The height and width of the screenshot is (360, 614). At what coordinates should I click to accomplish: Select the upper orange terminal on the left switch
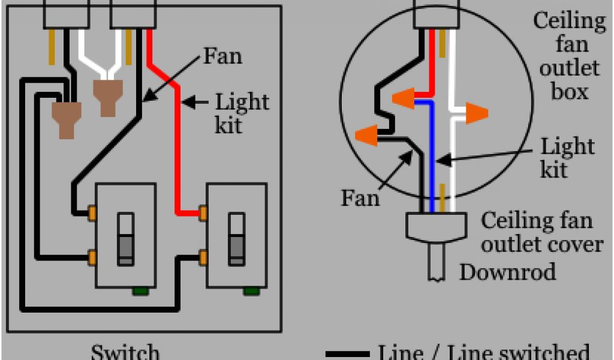pyautogui.click(x=92, y=212)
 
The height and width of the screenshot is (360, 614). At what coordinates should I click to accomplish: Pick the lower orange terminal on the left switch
pyautogui.click(x=92, y=257)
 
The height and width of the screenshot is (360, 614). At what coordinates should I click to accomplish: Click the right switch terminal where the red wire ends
pyautogui.click(x=203, y=212)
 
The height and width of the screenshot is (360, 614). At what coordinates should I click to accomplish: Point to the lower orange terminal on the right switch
pyautogui.click(x=203, y=257)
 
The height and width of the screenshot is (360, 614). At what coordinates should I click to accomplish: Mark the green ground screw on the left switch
pyautogui.click(x=140, y=292)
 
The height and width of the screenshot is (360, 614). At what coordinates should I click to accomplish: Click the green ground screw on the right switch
pyautogui.click(x=251, y=292)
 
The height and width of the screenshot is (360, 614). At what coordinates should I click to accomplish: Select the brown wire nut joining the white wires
pyautogui.click(x=107, y=97)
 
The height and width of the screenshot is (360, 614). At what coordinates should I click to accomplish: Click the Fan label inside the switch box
pyautogui.click(x=222, y=57)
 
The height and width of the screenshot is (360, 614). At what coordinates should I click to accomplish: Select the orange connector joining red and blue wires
pyautogui.click(x=403, y=98)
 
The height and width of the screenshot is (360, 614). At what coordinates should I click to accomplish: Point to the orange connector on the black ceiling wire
pyautogui.click(x=366, y=135)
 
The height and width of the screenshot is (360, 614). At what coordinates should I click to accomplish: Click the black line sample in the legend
pyautogui.click(x=347, y=354)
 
